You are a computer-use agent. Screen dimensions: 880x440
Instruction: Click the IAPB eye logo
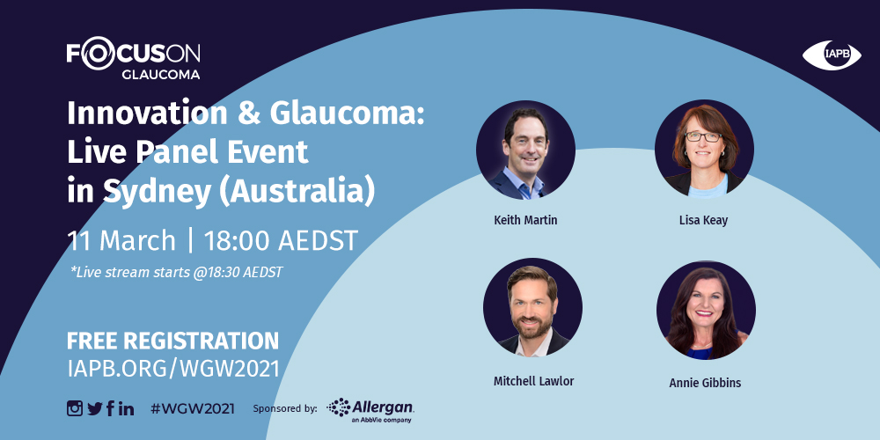(832, 55)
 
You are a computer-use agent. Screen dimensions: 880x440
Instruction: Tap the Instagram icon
(75, 408)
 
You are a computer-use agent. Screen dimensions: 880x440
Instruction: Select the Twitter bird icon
(94, 408)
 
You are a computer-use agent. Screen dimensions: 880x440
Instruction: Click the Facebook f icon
(110, 408)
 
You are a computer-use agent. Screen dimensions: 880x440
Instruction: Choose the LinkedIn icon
(126, 408)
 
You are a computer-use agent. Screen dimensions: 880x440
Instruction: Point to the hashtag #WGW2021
(193, 408)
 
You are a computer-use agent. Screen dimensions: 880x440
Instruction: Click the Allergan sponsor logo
(370, 410)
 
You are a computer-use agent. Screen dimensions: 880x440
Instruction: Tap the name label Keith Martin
(525, 220)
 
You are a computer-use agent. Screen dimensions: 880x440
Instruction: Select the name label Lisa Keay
(703, 220)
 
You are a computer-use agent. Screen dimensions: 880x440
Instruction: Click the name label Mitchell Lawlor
(534, 381)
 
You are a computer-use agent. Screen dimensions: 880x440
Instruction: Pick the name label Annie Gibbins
(705, 383)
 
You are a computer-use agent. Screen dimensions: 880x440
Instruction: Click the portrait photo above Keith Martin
(525, 150)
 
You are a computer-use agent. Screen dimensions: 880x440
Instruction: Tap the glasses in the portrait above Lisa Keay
(702, 136)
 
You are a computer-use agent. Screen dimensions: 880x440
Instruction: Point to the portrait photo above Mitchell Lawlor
(532, 307)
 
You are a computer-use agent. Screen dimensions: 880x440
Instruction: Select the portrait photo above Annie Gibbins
(706, 310)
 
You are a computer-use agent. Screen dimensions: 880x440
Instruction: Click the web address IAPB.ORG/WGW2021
(172, 368)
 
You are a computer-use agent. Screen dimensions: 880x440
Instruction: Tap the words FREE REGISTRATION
(172, 341)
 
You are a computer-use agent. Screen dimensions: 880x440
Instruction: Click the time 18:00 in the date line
(238, 241)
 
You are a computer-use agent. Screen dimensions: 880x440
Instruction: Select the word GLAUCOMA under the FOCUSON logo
(160, 75)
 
